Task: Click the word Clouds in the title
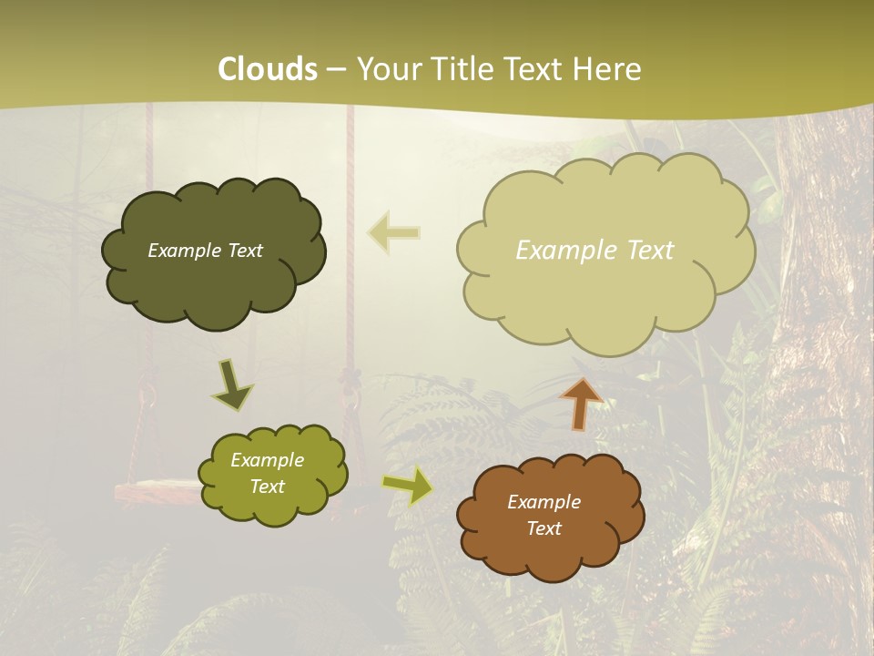pos(268,69)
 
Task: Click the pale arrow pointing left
pos(393,232)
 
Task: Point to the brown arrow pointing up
pos(581,404)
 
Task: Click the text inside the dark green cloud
pos(205,251)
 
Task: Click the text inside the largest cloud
pos(595,251)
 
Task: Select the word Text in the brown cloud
pos(544,528)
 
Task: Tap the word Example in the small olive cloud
pos(267,460)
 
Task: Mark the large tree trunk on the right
pos(819,364)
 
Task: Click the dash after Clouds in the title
pos(336,69)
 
